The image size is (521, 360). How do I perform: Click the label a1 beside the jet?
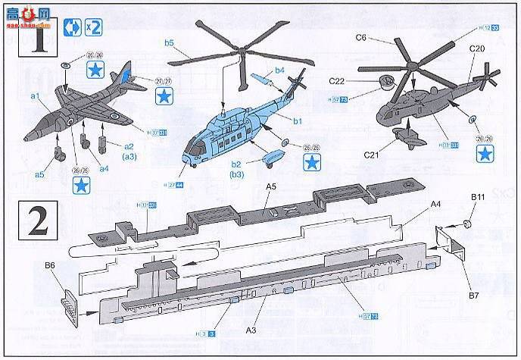(35, 96)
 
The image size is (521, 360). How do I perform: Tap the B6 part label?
(51, 265)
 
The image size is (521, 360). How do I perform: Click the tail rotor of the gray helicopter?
(485, 78)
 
